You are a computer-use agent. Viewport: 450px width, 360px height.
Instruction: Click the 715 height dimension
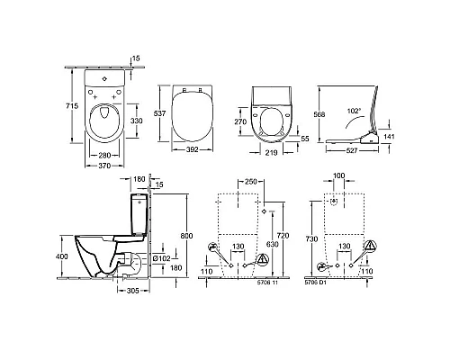73,106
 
